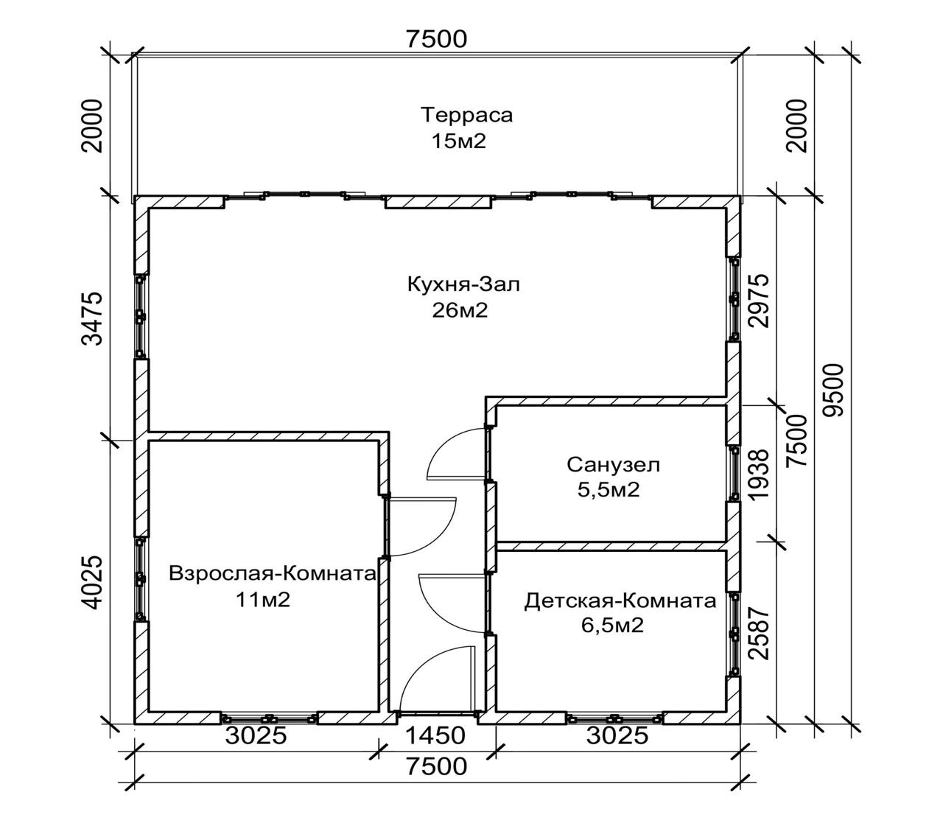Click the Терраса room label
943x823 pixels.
click(x=466, y=115)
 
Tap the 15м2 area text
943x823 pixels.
click(x=458, y=141)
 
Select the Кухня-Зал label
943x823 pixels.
click(x=463, y=284)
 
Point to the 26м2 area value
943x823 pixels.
click(x=460, y=311)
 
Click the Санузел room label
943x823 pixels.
click(x=613, y=464)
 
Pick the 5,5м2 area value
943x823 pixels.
click(x=609, y=489)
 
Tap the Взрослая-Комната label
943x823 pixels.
click(x=273, y=574)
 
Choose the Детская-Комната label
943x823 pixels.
click(x=620, y=601)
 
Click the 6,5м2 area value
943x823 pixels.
click(x=612, y=626)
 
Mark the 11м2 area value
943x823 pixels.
click(x=263, y=600)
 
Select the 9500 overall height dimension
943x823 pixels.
click(x=833, y=391)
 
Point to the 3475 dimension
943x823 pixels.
click(x=91, y=318)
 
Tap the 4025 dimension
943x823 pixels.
click(x=91, y=583)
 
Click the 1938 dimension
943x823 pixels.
click(x=759, y=474)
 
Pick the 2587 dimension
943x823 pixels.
click(x=759, y=634)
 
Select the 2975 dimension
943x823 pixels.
click(x=759, y=301)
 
